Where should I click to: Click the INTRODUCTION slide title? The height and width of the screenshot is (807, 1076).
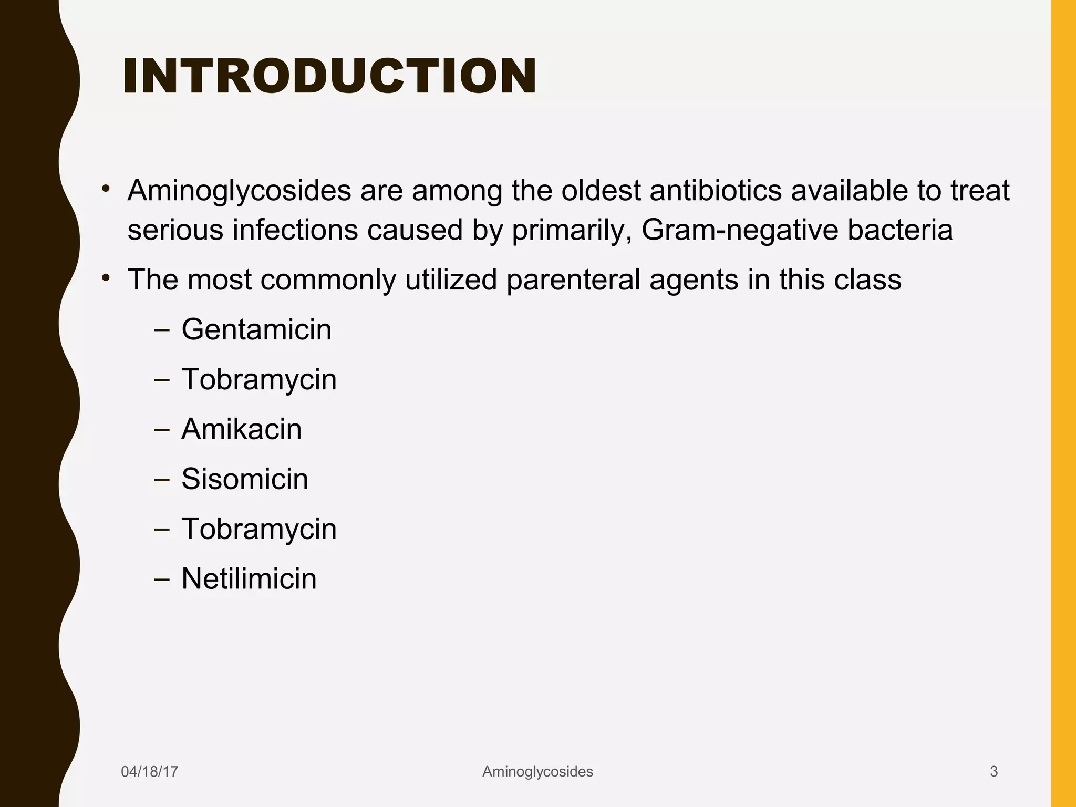(x=329, y=77)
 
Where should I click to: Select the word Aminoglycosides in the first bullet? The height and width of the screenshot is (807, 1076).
(x=239, y=190)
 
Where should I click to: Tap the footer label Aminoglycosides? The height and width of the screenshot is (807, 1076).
(x=537, y=771)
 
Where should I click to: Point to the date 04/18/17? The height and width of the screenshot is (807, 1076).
(x=149, y=771)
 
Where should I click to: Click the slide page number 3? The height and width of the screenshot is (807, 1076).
(x=994, y=771)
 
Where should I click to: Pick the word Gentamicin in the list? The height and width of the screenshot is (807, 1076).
(x=256, y=329)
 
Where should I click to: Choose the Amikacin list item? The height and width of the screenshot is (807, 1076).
(x=241, y=429)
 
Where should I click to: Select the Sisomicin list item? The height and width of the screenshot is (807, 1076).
(x=244, y=479)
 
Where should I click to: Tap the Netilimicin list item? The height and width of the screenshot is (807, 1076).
(x=249, y=579)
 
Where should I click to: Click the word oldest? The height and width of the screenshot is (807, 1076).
(x=601, y=190)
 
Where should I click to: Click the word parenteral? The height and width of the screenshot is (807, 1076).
(x=573, y=280)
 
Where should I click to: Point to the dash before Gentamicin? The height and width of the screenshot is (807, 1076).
(x=162, y=330)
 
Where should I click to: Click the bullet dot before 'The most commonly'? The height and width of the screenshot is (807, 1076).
(x=106, y=277)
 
